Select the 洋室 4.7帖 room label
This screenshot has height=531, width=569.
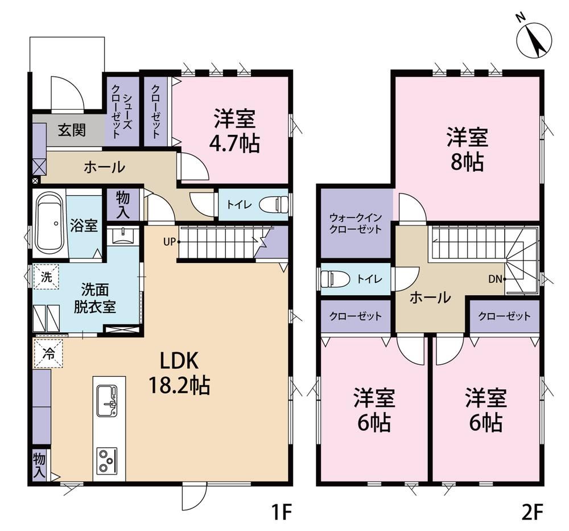click(x=234, y=131)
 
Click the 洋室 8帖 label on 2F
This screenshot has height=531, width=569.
click(x=467, y=149)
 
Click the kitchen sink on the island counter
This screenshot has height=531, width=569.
click(x=107, y=401)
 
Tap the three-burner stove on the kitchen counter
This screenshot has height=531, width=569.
click(x=107, y=460)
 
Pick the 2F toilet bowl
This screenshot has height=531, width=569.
click(x=335, y=279)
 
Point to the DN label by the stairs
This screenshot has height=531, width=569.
click(x=495, y=279)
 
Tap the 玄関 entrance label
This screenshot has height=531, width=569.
click(x=72, y=130)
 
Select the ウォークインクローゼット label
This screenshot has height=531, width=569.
click(x=356, y=224)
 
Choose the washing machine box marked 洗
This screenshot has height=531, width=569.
click(x=46, y=277)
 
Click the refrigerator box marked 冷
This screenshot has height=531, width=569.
click(x=48, y=354)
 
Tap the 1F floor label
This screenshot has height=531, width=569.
click(x=282, y=512)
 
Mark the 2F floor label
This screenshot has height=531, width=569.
click(x=532, y=512)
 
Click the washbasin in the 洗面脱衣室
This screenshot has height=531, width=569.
click(x=123, y=236)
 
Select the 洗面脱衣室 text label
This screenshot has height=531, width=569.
click(x=94, y=299)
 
